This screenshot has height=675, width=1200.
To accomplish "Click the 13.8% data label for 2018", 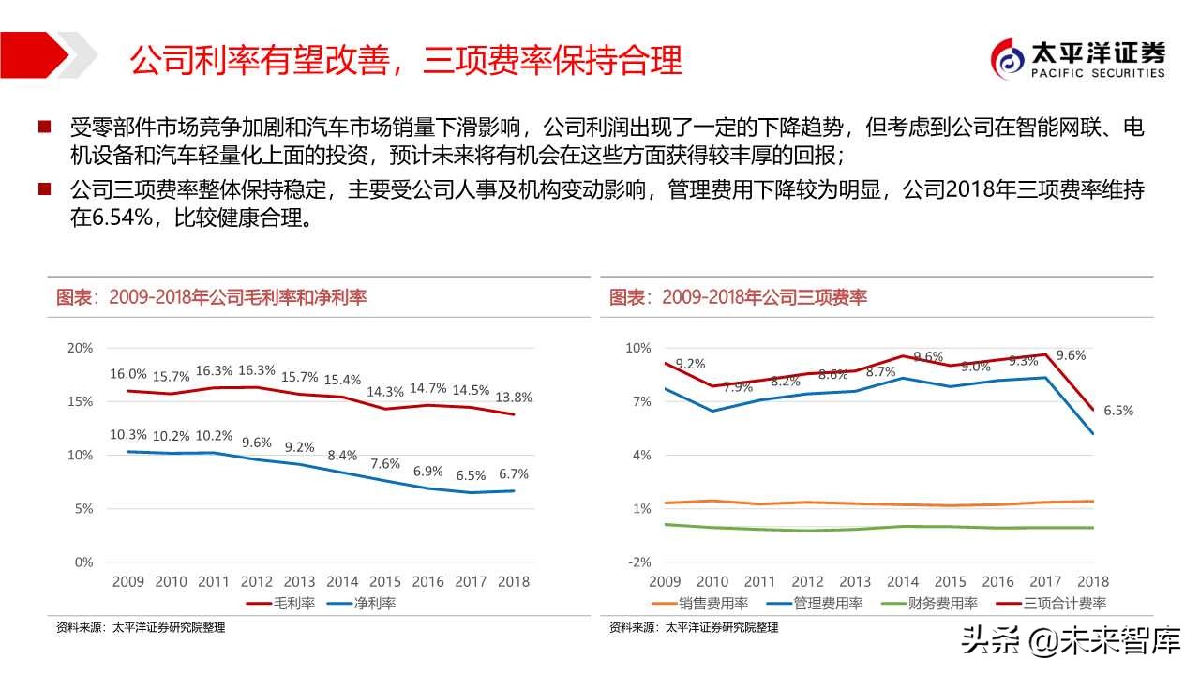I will pos(513,397).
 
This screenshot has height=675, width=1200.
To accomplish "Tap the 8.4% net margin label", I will pos(342,456).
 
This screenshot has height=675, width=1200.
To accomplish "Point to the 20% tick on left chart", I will pos(82,348).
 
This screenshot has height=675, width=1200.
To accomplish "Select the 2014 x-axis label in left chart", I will pos(342,581).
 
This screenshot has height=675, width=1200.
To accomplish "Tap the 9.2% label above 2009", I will pos(689,364).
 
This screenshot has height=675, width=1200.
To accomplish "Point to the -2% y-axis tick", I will pos(639,562).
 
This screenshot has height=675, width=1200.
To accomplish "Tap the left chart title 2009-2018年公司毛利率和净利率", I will pos(211,297).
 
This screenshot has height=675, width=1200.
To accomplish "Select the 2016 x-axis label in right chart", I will pos(997,581).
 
